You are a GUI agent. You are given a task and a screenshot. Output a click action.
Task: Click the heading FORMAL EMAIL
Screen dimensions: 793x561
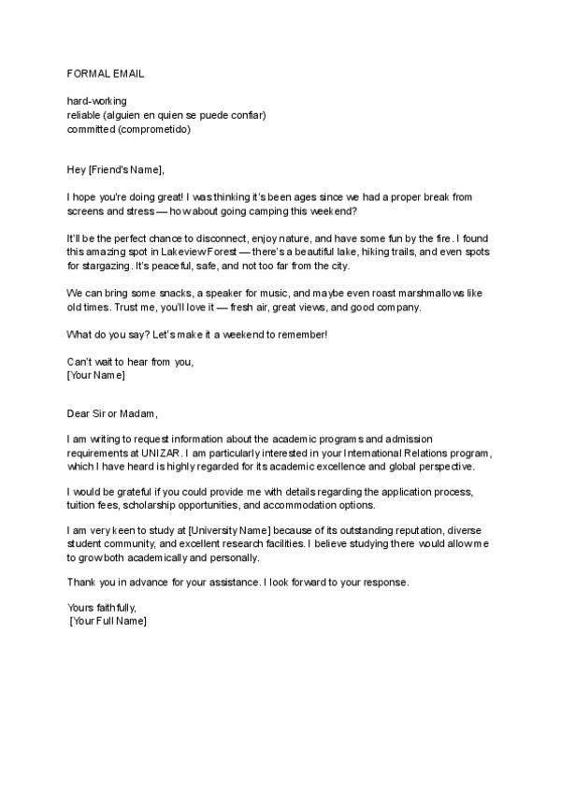(106, 72)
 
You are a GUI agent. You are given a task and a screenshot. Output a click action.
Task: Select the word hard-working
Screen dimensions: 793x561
(97, 101)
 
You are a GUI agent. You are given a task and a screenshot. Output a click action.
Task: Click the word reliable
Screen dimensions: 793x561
(85, 115)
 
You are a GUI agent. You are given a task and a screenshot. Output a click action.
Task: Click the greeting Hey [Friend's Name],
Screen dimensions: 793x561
(116, 169)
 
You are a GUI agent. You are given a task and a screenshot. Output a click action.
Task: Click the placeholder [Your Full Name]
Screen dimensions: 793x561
(108, 622)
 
